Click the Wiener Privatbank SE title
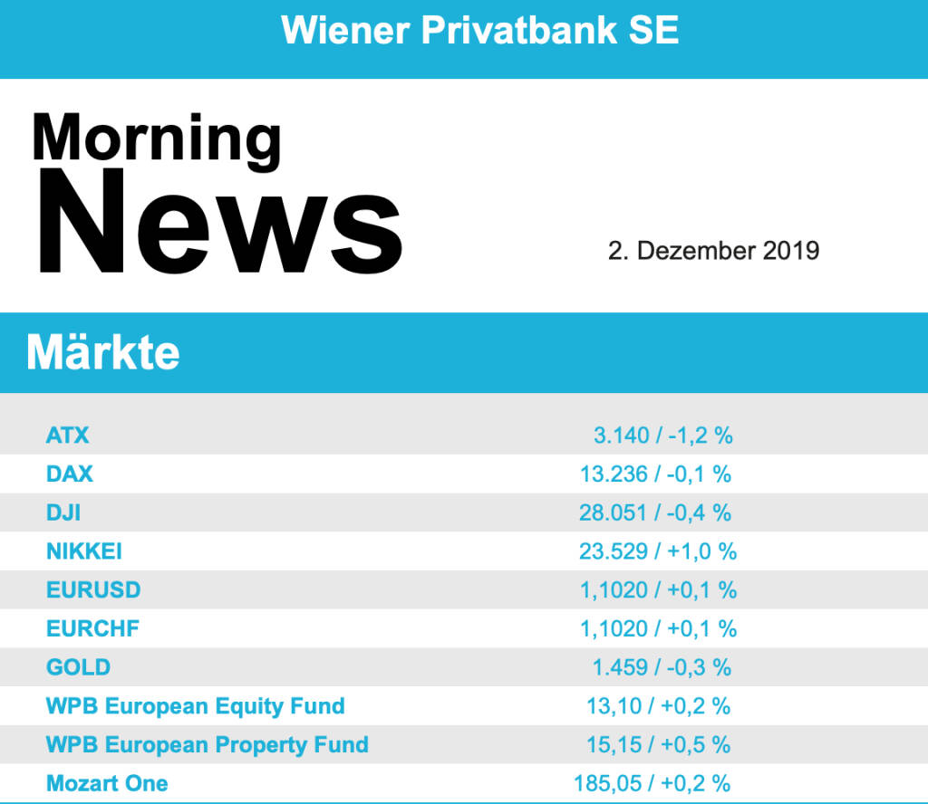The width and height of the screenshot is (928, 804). tap(479, 31)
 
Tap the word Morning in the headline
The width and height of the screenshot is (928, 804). tap(157, 138)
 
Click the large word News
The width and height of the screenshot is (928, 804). tap(217, 222)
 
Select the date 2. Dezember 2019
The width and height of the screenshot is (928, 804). tap(713, 251)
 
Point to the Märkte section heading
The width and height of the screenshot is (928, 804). tap(102, 351)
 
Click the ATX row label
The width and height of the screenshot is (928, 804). tap(68, 435)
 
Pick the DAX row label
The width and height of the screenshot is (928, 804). tap(70, 474)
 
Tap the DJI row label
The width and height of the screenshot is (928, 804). tap(63, 512)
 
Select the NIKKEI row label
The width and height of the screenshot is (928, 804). tap(84, 551)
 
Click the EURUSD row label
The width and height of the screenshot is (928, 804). tap(93, 590)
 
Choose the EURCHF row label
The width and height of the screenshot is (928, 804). tap(92, 628)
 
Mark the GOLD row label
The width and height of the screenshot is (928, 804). tap(78, 667)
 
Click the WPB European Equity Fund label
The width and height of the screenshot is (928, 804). tap(195, 706)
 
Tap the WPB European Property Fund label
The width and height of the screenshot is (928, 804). tap(207, 745)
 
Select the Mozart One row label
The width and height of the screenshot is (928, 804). tap(107, 783)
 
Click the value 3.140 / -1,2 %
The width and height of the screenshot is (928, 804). tap(662, 435)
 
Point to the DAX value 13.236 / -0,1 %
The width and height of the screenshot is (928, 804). tap(655, 474)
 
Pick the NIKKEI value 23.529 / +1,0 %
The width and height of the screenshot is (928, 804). tap(658, 551)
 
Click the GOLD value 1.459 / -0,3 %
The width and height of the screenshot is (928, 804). tap(662, 667)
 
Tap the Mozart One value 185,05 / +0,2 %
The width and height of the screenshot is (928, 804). tap(652, 783)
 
